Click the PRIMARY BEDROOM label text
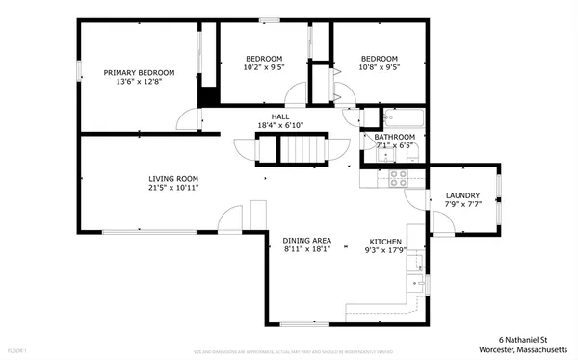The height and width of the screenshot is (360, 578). point(139,73)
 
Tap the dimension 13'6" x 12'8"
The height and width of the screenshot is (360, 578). point(139,83)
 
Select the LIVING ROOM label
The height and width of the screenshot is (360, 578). point(173,179)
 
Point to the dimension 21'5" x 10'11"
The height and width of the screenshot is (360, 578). point(173,189)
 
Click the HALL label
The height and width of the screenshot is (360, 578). point(280,116)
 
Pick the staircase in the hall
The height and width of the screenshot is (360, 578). point(303,149)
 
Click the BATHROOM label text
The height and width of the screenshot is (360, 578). point(395,138)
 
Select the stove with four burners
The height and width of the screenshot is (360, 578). point(397,177)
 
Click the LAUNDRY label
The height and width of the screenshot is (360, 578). point(461,195)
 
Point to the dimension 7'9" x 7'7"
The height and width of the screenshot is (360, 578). point(461,205)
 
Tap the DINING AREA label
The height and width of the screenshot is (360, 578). point(307,241)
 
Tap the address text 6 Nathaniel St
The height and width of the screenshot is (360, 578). point(523,339)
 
